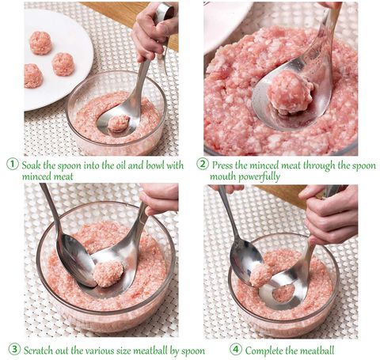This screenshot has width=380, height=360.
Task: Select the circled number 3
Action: pyautogui.click(x=13, y=350)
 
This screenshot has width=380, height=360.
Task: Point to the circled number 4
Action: pyautogui.click(x=235, y=350)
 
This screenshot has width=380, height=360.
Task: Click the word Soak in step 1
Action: pyautogui.click(x=33, y=165)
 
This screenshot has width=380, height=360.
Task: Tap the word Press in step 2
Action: pyautogui.click(x=225, y=165)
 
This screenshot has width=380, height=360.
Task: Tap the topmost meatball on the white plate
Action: pyautogui.click(x=40, y=42)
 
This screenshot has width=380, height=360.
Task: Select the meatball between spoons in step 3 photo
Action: pyautogui.click(x=108, y=273)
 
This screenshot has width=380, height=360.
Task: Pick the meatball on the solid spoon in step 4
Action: pyautogui.click(x=260, y=275)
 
